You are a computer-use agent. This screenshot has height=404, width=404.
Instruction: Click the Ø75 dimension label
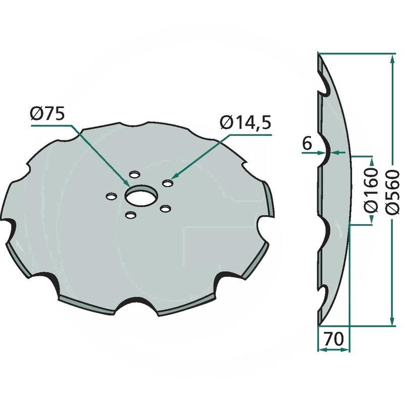click(47, 114)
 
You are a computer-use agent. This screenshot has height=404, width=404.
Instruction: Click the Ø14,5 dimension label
click(246, 123)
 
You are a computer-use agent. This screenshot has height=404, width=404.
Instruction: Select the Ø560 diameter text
click(392, 192)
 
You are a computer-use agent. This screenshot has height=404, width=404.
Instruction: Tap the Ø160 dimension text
click(371, 190)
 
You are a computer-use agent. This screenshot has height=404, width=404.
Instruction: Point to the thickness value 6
click(307, 143)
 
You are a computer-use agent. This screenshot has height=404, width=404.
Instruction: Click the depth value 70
click(334, 339)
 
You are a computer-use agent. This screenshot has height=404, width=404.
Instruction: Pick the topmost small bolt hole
click(134, 174)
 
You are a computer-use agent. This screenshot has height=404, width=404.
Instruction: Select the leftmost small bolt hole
click(111, 196)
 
